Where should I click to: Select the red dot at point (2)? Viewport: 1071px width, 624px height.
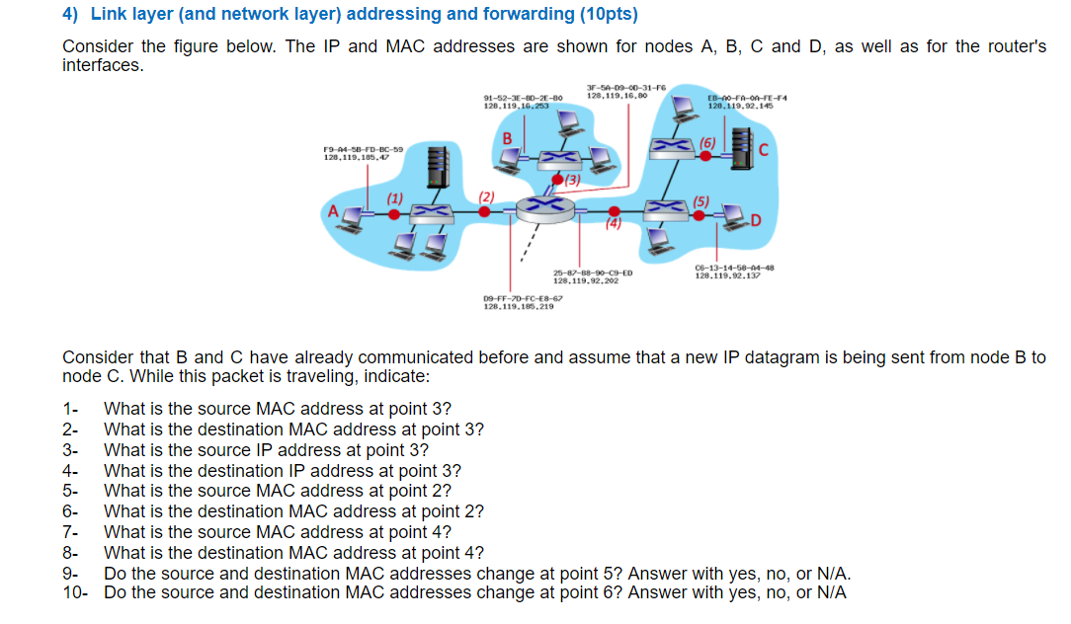pos(484,210)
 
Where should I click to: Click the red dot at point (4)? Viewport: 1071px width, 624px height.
pos(615,211)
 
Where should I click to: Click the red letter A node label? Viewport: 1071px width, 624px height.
pos(334,210)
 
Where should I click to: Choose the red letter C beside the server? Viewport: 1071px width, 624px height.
pos(763,150)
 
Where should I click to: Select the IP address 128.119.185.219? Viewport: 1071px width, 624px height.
pos(518,306)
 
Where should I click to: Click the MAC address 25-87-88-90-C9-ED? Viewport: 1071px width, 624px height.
pos(593,273)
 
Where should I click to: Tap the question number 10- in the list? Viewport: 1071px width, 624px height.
pos(74,592)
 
